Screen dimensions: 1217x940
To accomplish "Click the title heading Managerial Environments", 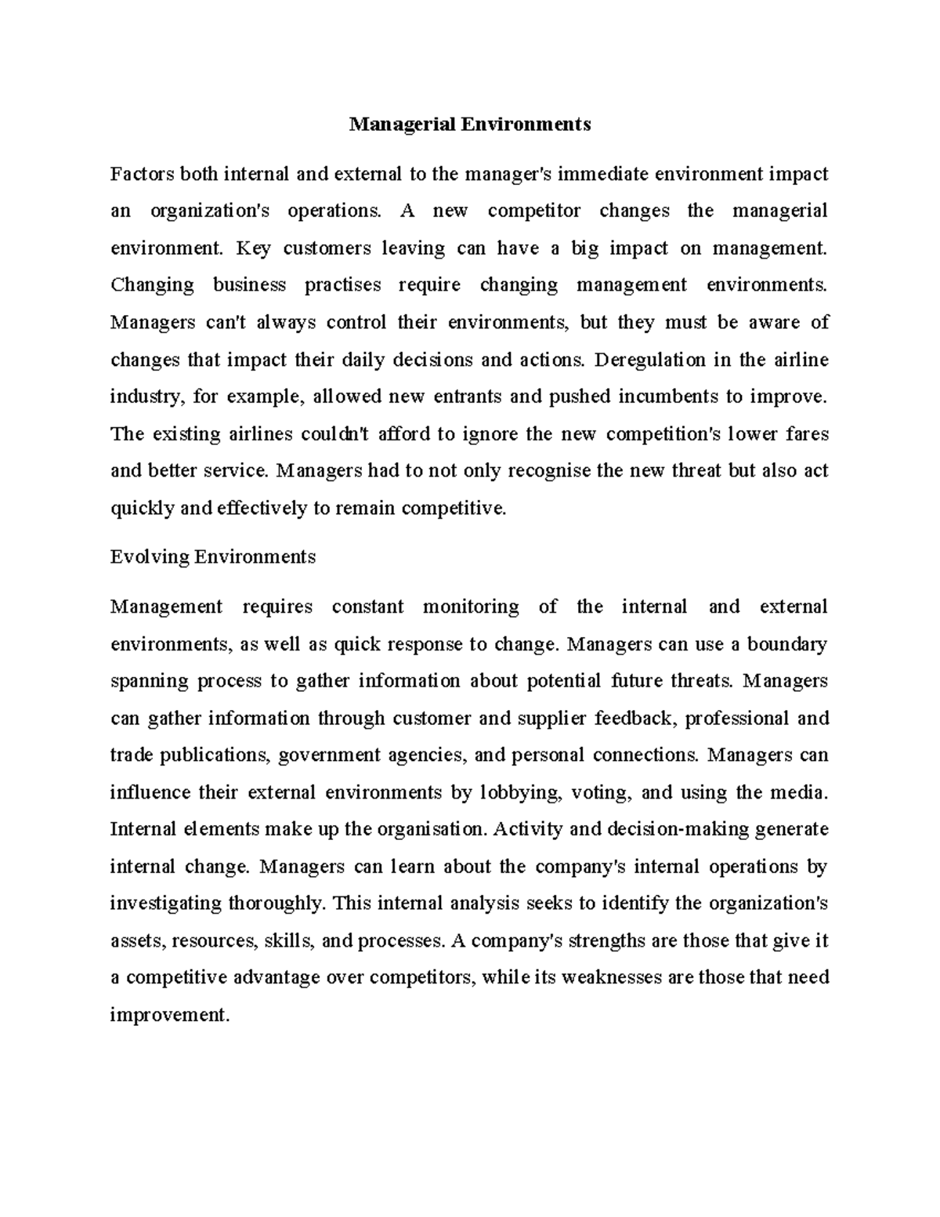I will click(470, 125).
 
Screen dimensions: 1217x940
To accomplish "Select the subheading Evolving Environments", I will click(213, 557).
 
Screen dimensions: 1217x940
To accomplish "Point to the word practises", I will click(342, 285).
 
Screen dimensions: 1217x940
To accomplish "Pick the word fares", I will click(807, 434).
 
